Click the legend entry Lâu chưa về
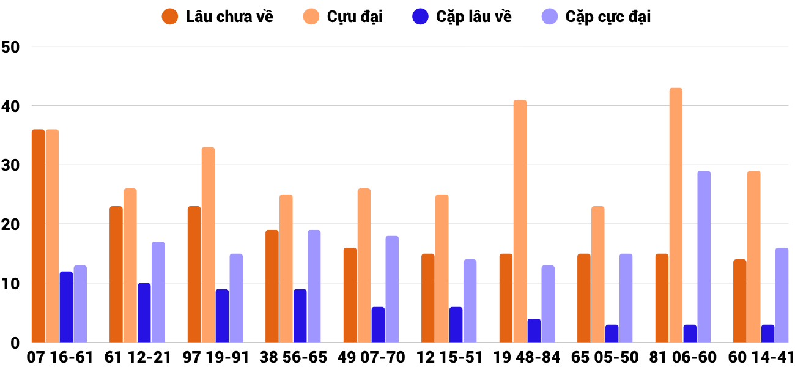(x=218, y=17)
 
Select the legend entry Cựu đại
(x=343, y=17)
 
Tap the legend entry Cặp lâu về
(x=462, y=17)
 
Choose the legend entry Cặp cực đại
(x=596, y=17)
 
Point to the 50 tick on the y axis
(x=10, y=47)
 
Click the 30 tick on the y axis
(x=10, y=165)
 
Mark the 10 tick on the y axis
(x=10, y=284)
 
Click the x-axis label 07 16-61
(x=60, y=357)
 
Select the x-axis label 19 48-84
(x=528, y=357)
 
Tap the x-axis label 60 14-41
(x=762, y=357)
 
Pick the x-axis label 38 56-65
(x=294, y=357)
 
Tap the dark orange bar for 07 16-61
(x=38, y=236)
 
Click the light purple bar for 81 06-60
(x=704, y=257)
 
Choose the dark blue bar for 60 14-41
(x=767, y=333)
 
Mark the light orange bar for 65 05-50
(x=597, y=275)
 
